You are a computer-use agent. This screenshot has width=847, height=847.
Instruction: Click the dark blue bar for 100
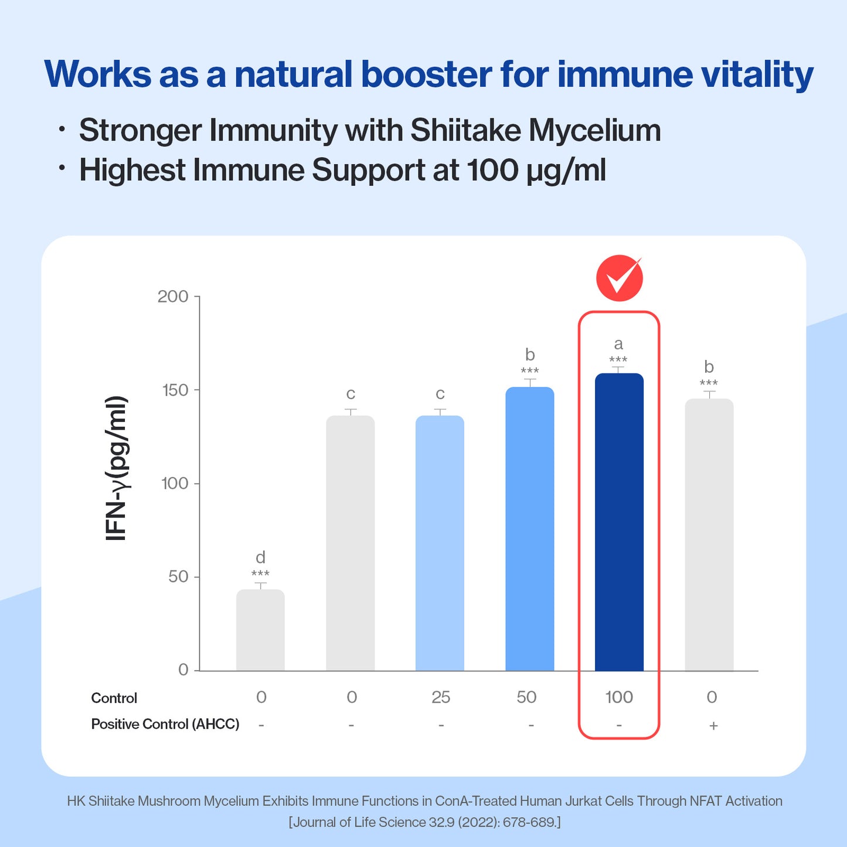pyautogui.click(x=619, y=522)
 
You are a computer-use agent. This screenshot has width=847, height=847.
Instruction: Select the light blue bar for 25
pyautogui.click(x=440, y=543)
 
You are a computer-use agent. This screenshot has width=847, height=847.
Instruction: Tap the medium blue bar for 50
pyautogui.click(x=530, y=529)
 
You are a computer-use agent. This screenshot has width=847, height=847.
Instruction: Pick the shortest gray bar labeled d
pyautogui.click(x=260, y=630)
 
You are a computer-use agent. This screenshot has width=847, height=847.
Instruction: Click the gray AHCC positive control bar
pyautogui.click(x=709, y=535)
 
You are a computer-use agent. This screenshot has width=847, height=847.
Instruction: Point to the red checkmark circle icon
pyautogui.click(x=620, y=278)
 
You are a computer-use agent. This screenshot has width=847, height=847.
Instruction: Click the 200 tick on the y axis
pyautogui.click(x=173, y=297)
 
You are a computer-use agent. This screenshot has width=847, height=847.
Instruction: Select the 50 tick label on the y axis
pyautogui.click(x=178, y=577)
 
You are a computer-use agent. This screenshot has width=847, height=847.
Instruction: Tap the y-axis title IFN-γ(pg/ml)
pyautogui.click(x=117, y=468)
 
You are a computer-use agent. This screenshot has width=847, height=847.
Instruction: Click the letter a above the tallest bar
pyautogui.click(x=618, y=343)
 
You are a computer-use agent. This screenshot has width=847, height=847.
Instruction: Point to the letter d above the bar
pyautogui.click(x=260, y=557)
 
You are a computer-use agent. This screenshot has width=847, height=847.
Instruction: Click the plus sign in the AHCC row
pyautogui.click(x=713, y=726)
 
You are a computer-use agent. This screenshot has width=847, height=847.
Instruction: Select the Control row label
pyautogui.click(x=114, y=698)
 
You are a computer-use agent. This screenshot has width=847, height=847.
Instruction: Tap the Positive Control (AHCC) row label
pyautogui.click(x=165, y=724)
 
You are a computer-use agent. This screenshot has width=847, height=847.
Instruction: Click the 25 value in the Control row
pyautogui.click(x=440, y=697)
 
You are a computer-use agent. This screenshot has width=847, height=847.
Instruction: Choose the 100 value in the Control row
pyautogui.click(x=619, y=697)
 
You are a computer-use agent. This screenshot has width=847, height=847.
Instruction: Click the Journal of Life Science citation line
pyautogui.click(x=424, y=822)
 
